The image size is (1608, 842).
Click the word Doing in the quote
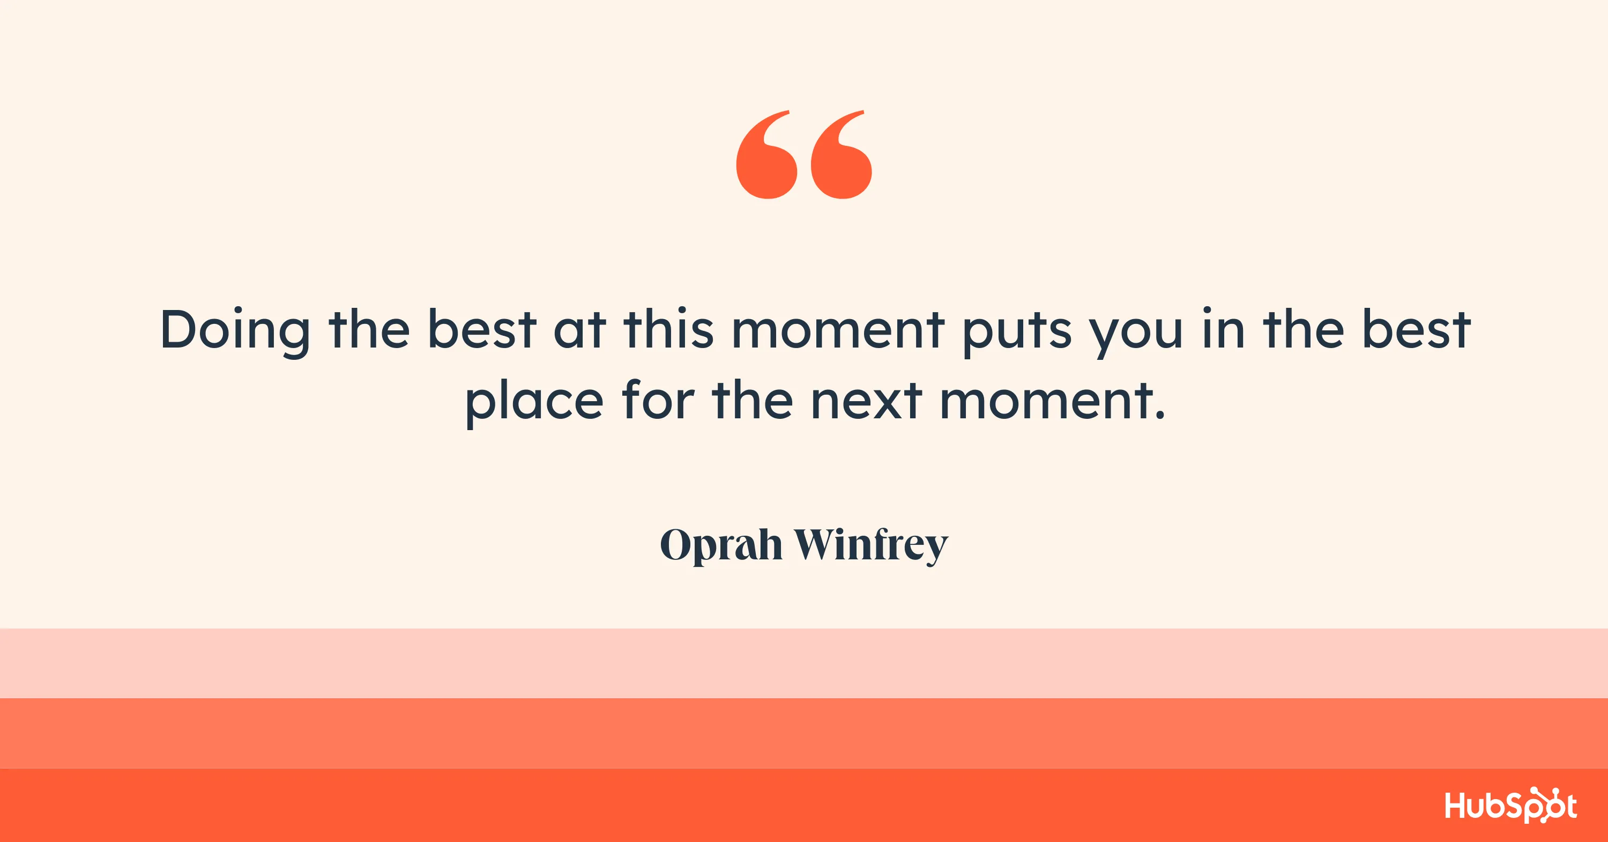tap(235, 330)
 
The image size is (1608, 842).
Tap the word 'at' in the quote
tap(579, 330)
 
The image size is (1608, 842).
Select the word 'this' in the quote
tap(668, 329)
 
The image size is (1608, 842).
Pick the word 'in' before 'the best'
tap(1224, 329)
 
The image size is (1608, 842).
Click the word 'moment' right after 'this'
tap(838, 330)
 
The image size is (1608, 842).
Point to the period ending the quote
tap(1160, 416)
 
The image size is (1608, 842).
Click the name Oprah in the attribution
tap(721, 545)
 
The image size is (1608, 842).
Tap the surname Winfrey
tap(871, 545)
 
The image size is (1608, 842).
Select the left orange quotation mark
tap(766, 156)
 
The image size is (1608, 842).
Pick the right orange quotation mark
tap(841, 156)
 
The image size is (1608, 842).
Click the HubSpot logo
tap(1510, 805)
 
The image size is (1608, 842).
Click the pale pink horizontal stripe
tap(804, 663)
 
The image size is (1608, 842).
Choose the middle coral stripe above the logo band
tap(804, 733)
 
